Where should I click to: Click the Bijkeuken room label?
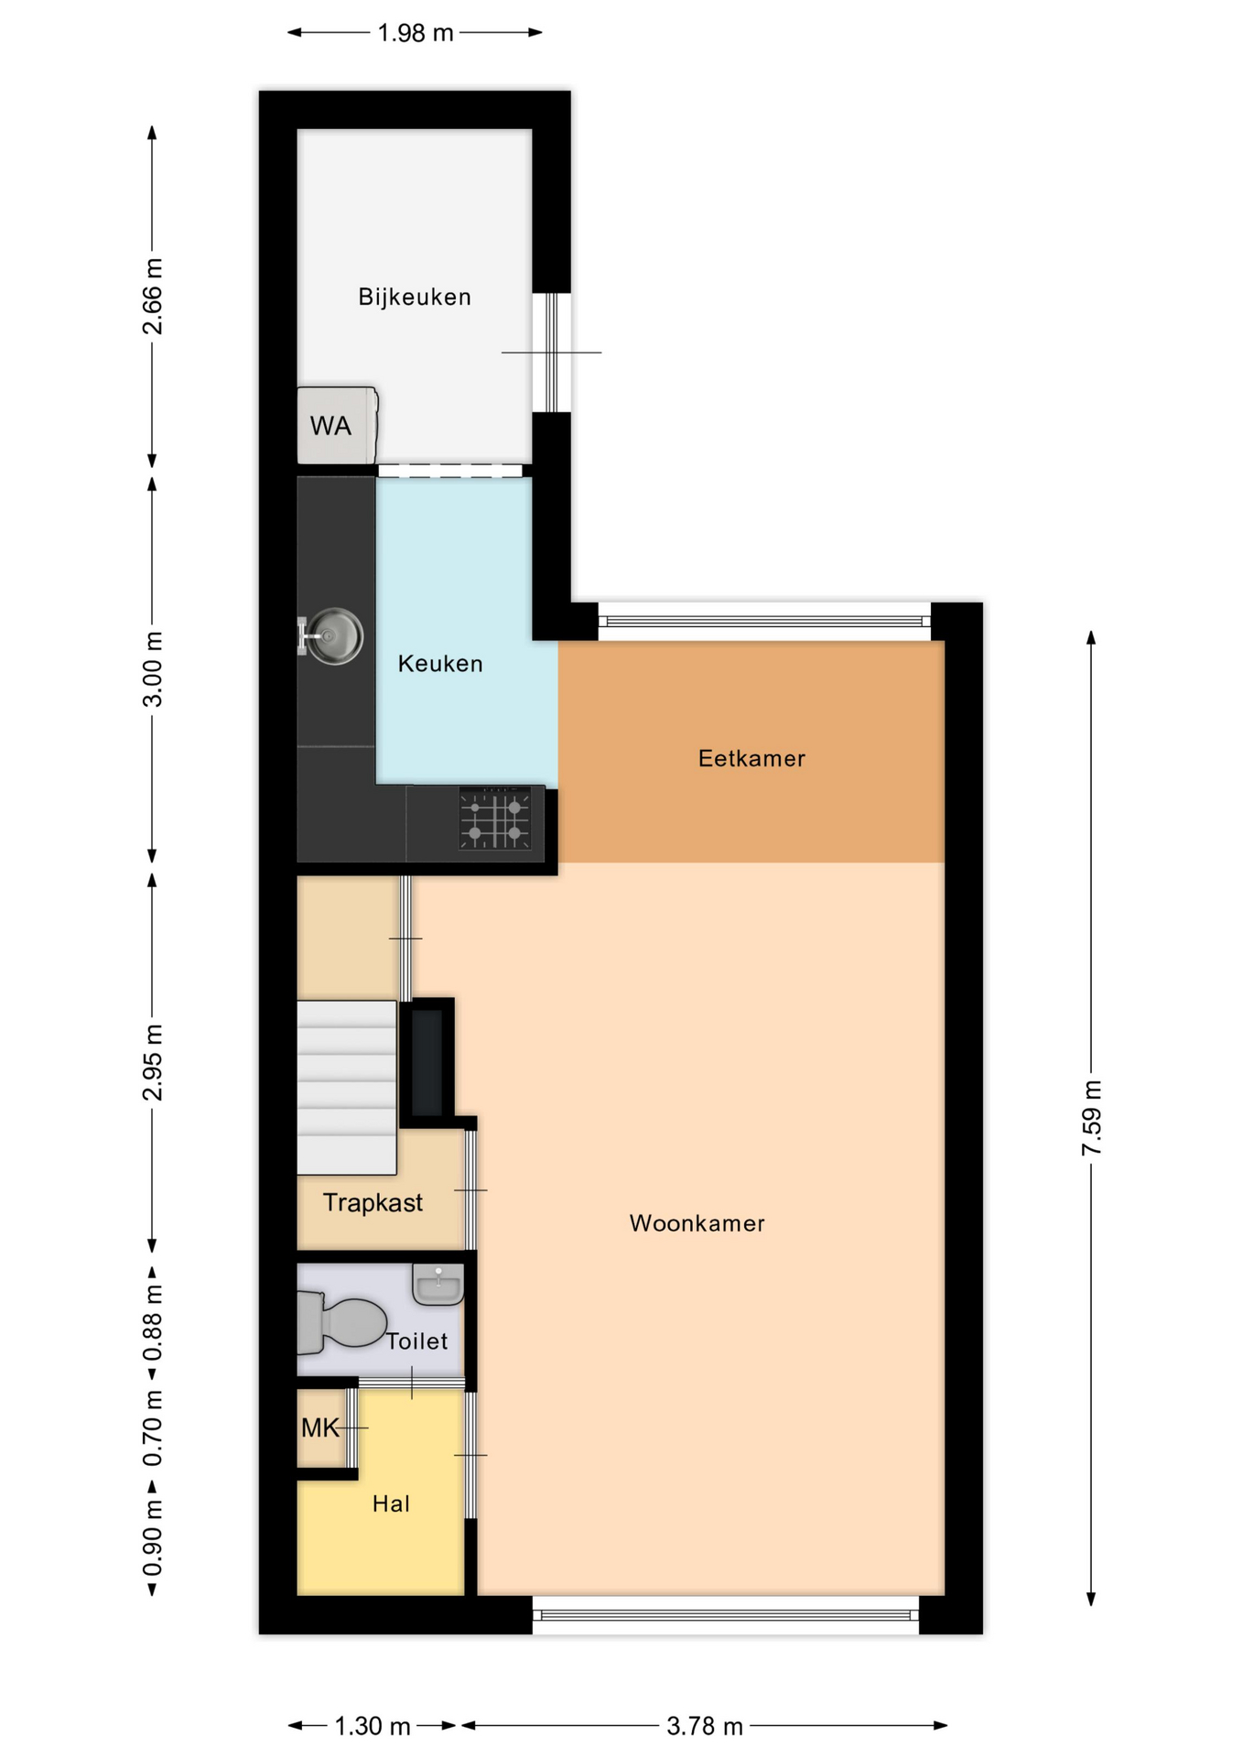click(x=415, y=297)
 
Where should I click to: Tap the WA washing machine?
click(x=337, y=425)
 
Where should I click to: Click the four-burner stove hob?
click(x=495, y=819)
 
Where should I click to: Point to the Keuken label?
click(x=440, y=664)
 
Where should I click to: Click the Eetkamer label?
click(x=751, y=758)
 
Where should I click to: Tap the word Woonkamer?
click(x=697, y=1223)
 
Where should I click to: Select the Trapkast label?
click(x=373, y=1202)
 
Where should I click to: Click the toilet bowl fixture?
click(x=341, y=1323)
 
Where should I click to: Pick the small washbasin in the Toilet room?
click(x=438, y=1284)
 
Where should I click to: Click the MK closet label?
click(x=319, y=1427)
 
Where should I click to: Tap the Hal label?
click(x=391, y=1503)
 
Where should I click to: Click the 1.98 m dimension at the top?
click(x=416, y=33)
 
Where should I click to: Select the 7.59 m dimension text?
click(x=1091, y=1118)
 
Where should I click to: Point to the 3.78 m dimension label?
click(x=704, y=1726)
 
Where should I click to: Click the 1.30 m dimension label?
click(x=373, y=1726)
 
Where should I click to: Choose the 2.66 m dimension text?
click(x=153, y=297)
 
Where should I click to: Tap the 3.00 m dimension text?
click(x=153, y=669)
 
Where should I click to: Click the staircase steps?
click(x=347, y=1087)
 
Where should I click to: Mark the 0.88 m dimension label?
click(x=153, y=1322)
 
